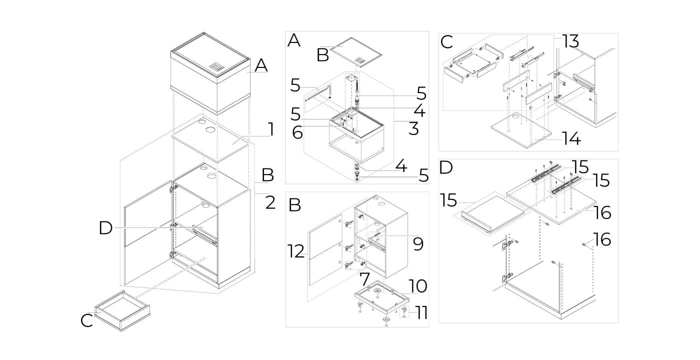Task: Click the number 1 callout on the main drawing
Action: [271, 129]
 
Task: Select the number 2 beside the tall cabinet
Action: [270, 202]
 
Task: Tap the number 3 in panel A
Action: [414, 128]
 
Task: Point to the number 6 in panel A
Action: [297, 132]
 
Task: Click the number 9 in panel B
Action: [418, 244]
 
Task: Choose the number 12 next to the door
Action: [296, 252]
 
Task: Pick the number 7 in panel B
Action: [364, 279]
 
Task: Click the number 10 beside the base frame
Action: [418, 286]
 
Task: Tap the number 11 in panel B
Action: [420, 313]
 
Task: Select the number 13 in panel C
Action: [570, 41]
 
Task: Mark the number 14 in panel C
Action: [571, 138]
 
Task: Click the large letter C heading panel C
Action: [446, 42]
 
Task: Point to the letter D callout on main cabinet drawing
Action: [105, 228]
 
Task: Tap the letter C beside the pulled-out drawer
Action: [86, 320]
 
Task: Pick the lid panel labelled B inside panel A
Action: [356, 51]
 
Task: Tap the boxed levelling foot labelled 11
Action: [404, 311]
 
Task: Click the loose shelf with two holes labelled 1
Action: [210, 139]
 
